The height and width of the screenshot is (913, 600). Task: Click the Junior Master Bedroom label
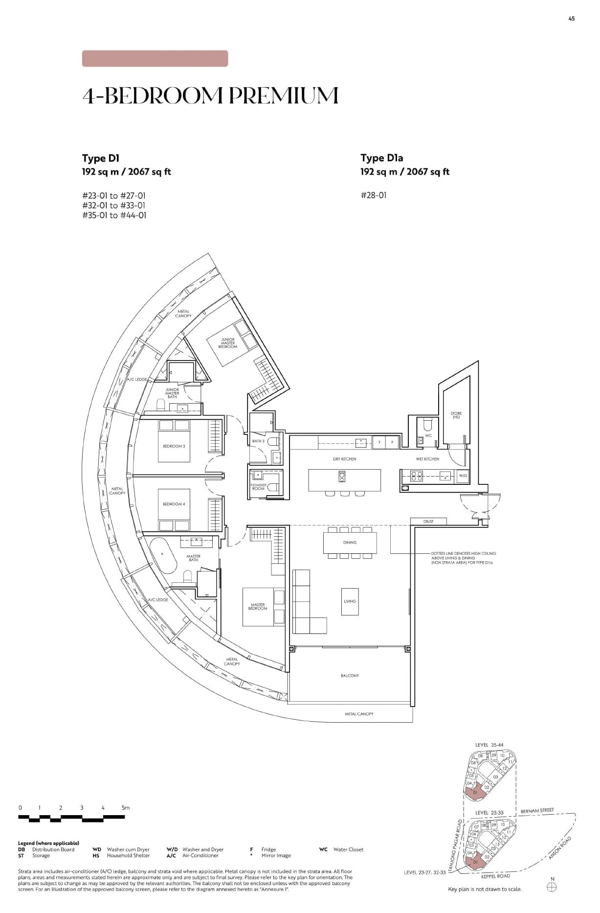tap(228, 343)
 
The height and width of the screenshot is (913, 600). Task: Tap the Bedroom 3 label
tap(174, 446)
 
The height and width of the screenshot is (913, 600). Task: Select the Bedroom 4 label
tap(174, 504)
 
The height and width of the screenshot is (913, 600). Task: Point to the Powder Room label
tap(258, 487)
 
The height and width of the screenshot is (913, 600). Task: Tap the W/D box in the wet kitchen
tap(463, 476)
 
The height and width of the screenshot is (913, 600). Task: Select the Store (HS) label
tap(456, 415)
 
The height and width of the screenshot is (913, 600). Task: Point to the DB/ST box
tap(428, 522)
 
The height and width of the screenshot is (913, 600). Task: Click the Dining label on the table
tap(350, 542)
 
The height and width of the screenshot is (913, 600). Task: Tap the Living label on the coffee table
tap(350, 601)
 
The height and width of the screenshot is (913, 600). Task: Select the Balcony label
tap(350, 676)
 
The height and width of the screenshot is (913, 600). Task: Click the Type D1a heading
tap(381, 158)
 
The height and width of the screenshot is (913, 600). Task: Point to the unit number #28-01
tap(373, 195)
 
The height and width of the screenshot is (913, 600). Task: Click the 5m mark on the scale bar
tap(125, 808)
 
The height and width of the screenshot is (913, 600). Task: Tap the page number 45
tap(572, 19)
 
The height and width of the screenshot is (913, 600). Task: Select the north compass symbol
tap(552, 887)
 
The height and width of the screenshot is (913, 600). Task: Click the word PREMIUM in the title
tap(284, 95)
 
